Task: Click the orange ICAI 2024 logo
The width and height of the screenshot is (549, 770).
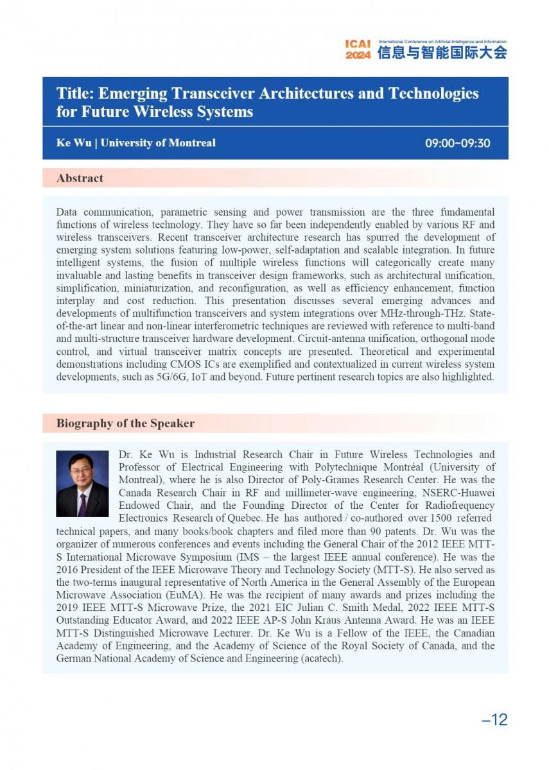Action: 358,49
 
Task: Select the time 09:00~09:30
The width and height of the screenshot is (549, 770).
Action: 457,143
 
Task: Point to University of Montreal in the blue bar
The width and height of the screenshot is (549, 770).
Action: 158,143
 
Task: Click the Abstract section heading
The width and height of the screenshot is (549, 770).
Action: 80,178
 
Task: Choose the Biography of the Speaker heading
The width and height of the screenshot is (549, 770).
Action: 125,424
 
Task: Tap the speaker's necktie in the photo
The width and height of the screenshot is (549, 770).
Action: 82,504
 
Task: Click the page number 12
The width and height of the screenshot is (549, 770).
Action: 495,719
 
